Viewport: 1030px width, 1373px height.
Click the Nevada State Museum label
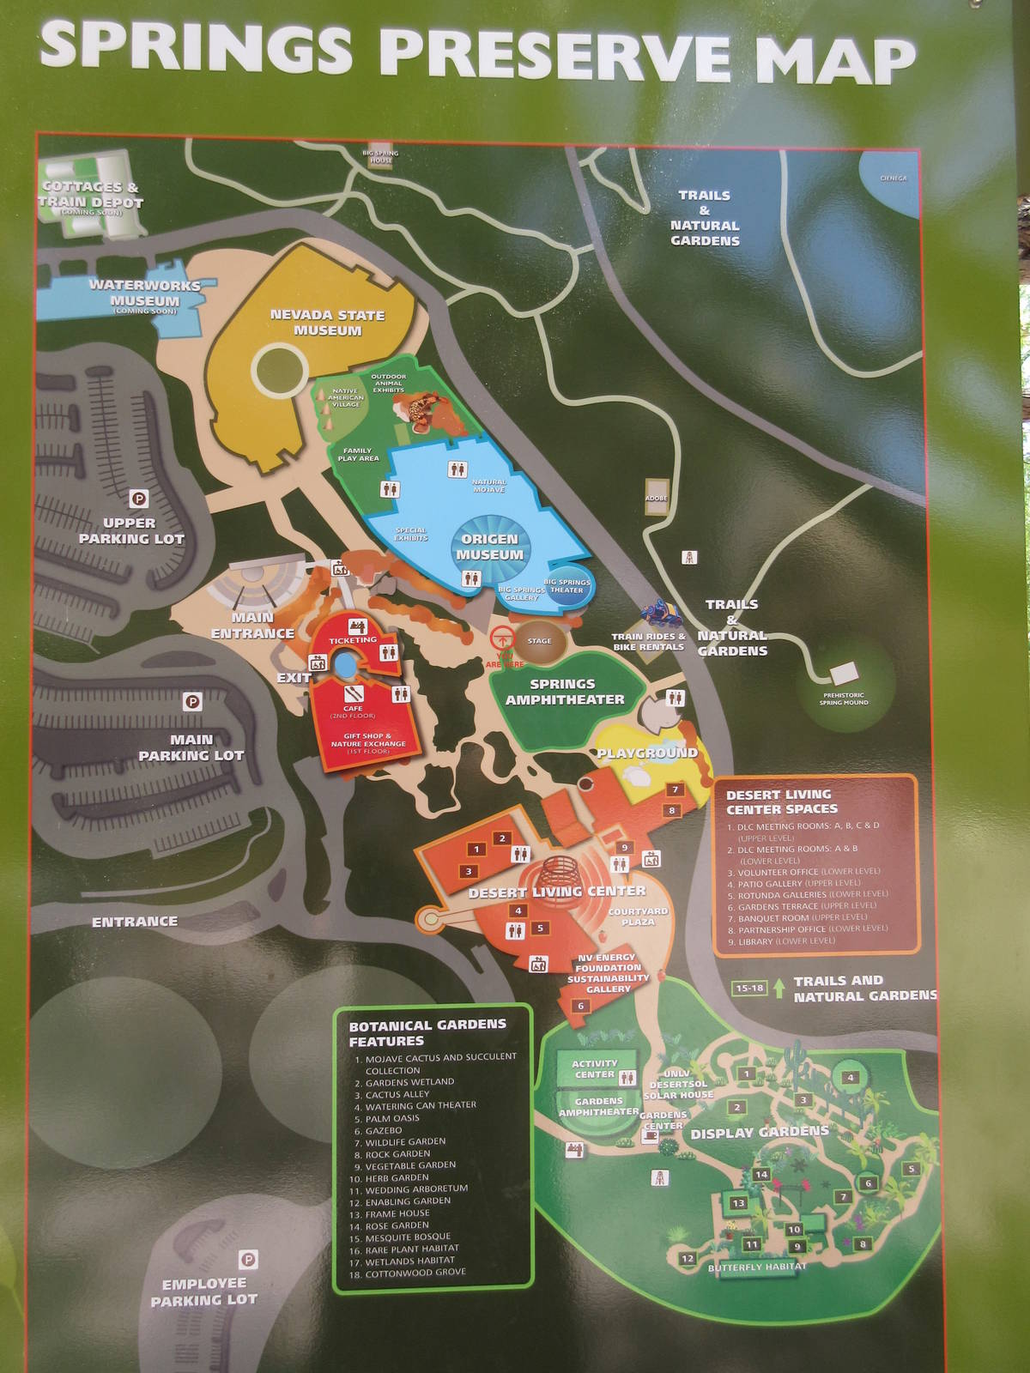pos(327,323)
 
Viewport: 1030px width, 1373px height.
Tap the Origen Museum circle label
pos(489,547)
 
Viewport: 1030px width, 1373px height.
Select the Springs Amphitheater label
pos(564,692)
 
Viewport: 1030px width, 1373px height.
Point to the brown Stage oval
pos(540,642)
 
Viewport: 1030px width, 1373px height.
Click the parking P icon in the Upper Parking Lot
pos(138,498)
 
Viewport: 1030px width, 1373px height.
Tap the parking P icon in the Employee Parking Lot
pos(248,1260)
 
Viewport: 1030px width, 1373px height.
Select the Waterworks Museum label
pos(144,293)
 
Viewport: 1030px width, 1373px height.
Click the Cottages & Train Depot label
pos(90,195)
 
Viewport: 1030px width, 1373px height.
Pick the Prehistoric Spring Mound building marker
pos(845,672)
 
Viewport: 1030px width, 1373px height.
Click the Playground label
pos(647,753)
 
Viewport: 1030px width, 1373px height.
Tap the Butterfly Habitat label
pos(757,1267)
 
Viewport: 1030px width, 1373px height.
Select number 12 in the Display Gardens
pos(687,1259)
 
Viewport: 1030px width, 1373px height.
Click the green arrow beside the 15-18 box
pos(779,988)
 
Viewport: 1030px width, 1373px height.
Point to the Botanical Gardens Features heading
pos(427,1032)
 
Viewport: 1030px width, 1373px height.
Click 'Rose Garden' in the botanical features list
pos(397,1225)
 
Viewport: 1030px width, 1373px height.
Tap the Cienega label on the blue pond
pos(893,178)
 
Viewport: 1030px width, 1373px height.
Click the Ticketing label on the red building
pos(353,639)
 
